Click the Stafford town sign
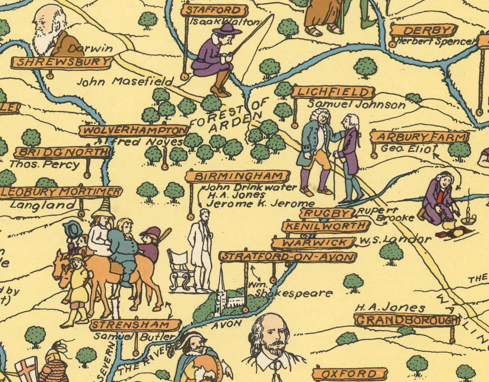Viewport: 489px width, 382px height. [214, 10]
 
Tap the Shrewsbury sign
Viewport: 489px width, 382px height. [62, 63]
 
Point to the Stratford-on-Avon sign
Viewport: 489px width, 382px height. [288, 257]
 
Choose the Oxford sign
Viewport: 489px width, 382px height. [349, 374]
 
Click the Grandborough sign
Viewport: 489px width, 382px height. [406, 320]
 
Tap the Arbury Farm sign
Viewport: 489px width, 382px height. [420, 138]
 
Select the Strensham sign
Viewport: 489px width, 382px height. [135, 325]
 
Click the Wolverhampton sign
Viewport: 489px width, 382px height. [133, 131]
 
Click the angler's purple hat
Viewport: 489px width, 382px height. [227, 28]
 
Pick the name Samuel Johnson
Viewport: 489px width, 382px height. [356, 104]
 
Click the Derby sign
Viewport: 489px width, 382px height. [422, 31]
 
